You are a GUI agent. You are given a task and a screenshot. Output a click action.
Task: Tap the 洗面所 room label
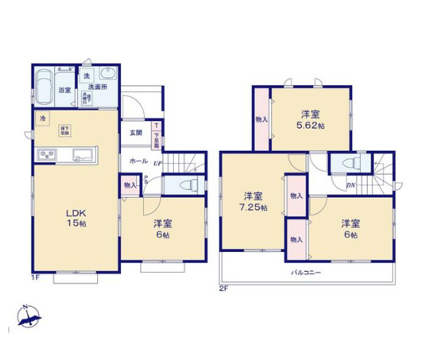[96, 88]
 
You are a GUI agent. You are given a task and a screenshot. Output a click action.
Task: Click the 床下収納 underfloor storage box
[65, 130]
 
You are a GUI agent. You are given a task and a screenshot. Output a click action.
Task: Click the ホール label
[139, 162]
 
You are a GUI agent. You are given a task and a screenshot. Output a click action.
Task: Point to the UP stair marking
[158, 163]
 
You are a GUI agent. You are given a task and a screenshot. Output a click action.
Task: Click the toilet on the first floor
[188, 185]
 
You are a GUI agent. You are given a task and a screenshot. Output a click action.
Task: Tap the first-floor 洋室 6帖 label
[162, 229]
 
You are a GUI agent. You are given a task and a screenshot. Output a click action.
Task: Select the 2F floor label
[224, 289]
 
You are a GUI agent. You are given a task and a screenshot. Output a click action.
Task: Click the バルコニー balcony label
[305, 273]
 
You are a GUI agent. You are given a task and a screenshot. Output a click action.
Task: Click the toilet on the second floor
[349, 164]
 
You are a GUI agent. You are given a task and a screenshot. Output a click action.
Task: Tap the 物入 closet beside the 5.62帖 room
[261, 119]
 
